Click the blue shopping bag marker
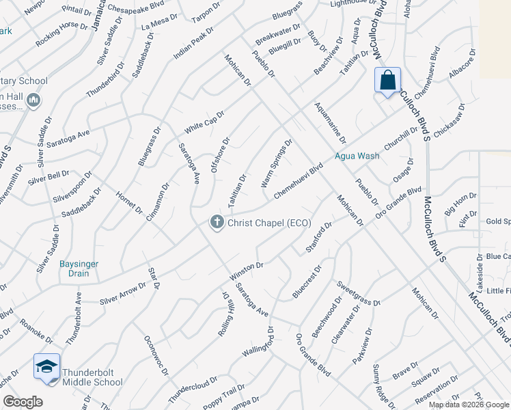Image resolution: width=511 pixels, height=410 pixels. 387,81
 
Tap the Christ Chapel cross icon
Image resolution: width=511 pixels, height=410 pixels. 217,223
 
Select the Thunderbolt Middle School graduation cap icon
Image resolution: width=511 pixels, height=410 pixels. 46,367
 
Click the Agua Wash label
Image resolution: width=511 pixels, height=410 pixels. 357,156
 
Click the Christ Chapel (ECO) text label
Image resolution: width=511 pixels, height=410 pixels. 269,223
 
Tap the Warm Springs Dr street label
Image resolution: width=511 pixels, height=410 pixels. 277,163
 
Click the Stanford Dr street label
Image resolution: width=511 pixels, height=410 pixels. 318,236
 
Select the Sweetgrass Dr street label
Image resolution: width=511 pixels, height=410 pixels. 357,293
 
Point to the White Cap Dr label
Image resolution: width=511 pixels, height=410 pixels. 204,122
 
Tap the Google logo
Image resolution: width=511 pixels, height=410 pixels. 23,402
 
